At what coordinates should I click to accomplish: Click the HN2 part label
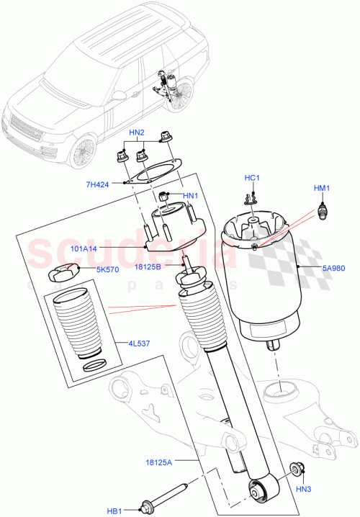(x=137, y=133)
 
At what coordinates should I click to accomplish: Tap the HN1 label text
(x=190, y=195)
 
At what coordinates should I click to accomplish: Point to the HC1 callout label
(x=251, y=178)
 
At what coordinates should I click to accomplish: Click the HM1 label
(x=321, y=189)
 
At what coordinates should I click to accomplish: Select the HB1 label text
(x=115, y=511)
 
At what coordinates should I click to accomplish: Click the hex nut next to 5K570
(x=63, y=273)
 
